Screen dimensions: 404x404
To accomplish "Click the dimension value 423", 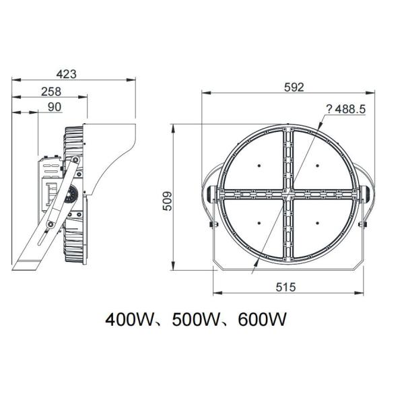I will (x=75, y=73).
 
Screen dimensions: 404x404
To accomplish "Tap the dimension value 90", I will (x=55, y=107).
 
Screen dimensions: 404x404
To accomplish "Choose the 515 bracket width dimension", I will (x=286, y=287).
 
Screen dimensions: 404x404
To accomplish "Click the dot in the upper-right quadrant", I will (x=316, y=165).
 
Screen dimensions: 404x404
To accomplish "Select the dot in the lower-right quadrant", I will (x=316, y=223).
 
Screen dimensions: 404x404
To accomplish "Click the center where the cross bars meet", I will (x=288, y=194).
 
